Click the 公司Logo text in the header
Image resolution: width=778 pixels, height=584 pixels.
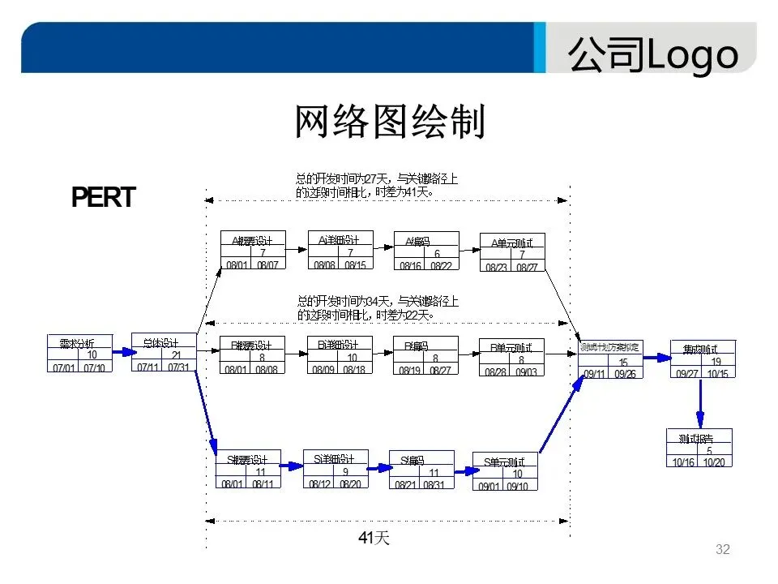pyautogui.click(x=653, y=55)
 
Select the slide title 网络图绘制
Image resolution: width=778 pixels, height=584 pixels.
pyautogui.click(x=389, y=122)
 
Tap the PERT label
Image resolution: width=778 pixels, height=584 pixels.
pyautogui.click(x=103, y=198)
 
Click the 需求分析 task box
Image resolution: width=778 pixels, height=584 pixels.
pyautogui.click(x=78, y=354)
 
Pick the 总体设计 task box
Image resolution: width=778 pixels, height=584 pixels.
pyautogui.click(x=164, y=353)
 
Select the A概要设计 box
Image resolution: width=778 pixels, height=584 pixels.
pyautogui.click(x=253, y=251)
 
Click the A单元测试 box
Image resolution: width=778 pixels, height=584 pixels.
pyautogui.click(x=512, y=253)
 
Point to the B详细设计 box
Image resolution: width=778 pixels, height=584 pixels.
pyautogui.click(x=339, y=355)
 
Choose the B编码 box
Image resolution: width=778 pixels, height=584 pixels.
pyautogui.click(x=425, y=355)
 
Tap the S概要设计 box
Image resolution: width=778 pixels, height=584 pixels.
pyautogui.click(x=249, y=470)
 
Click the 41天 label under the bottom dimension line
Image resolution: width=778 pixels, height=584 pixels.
pyautogui.click(x=374, y=538)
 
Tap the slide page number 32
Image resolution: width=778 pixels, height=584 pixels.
pyautogui.click(x=723, y=550)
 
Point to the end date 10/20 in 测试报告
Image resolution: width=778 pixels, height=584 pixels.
pyautogui.click(x=715, y=462)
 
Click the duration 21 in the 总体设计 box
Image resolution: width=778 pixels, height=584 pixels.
pyautogui.click(x=176, y=354)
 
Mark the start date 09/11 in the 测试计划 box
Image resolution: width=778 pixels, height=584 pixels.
pyautogui.click(x=594, y=374)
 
